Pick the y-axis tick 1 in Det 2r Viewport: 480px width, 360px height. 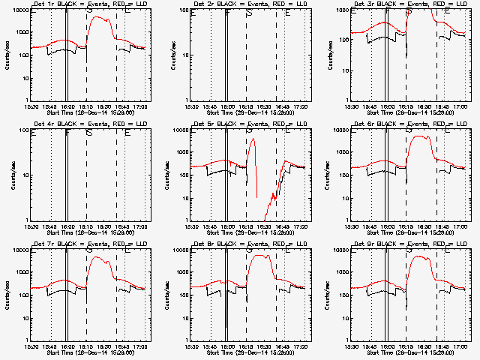(x=184, y=100)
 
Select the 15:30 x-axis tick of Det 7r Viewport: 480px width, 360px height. (x=31, y=347)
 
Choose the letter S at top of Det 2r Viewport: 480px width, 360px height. (x=249, y=13)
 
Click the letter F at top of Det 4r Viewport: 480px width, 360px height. (x=67, y=133)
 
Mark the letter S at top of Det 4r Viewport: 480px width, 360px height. (x=89, y=133)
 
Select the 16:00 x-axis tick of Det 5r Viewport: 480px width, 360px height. (x=227, y=227)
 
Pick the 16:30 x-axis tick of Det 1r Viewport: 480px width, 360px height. (x=104, y=107)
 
